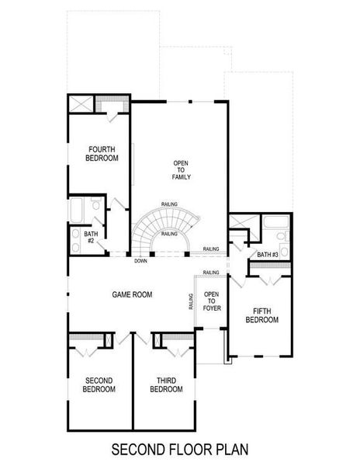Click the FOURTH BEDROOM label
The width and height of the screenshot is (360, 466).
102,154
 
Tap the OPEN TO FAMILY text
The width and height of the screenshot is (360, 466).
182,170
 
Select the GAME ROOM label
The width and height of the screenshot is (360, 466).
132,294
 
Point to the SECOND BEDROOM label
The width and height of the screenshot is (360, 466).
99,384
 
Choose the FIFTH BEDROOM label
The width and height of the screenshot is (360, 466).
261,315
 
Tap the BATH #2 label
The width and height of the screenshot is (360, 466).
91,237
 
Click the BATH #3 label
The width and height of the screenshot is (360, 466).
268,255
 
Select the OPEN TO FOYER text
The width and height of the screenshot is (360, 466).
211,300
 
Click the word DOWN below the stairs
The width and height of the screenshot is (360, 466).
140,261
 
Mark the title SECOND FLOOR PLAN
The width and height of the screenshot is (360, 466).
179,449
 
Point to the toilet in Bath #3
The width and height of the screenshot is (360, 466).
286,237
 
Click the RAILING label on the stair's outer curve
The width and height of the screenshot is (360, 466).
170,203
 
